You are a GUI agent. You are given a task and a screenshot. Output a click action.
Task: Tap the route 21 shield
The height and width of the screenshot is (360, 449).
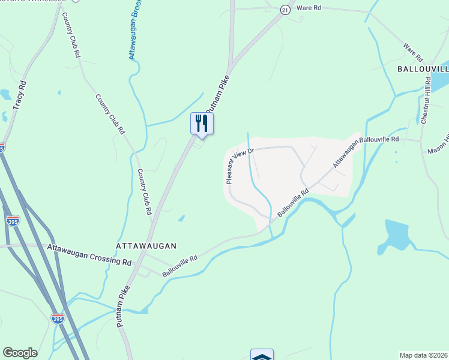(285, 10)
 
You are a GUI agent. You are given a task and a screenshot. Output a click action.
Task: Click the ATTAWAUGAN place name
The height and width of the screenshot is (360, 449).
(146, 246)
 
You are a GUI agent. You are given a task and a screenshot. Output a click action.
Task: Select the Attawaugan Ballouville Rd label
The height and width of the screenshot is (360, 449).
(366, 150)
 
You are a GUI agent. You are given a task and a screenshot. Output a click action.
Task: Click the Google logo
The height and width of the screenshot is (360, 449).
(20, 353)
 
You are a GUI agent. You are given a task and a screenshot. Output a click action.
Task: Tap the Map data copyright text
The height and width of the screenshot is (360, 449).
(424, 355)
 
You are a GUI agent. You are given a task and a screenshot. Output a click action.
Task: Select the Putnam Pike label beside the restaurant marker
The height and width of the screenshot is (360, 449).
(218, 96)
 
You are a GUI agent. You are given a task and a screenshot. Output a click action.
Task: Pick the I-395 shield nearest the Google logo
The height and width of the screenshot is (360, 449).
(58, 318)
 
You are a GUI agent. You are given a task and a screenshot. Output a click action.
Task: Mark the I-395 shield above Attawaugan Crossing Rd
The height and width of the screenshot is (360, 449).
(13, 221)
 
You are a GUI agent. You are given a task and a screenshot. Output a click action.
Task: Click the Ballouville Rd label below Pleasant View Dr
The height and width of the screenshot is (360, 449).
(292, 203)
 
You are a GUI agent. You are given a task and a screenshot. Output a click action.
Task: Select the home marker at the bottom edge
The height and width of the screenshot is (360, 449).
(262, 356)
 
